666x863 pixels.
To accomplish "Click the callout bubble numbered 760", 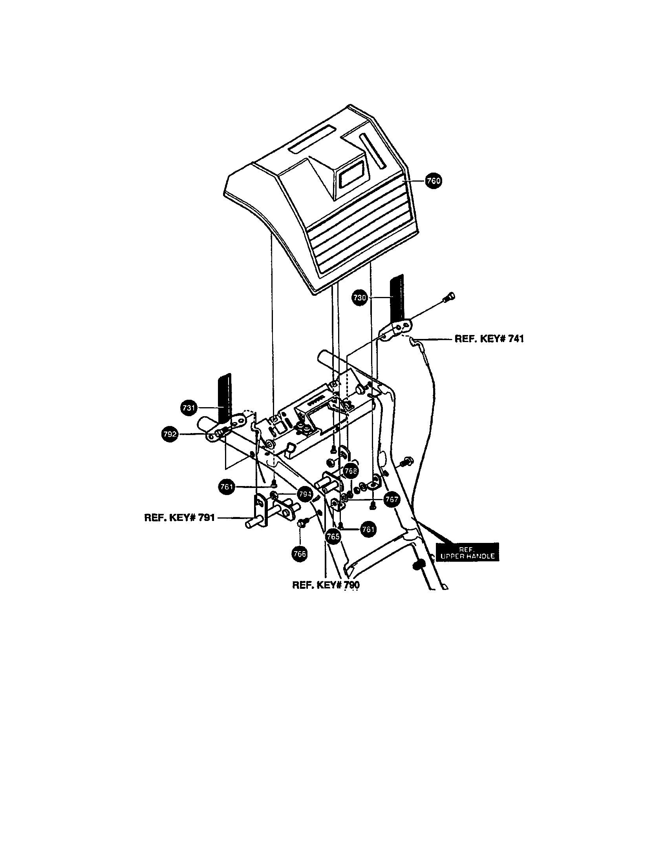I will click(433, 181).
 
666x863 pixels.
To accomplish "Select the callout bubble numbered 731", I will click(189, 408).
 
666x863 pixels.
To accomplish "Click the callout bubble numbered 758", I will click(350, 471).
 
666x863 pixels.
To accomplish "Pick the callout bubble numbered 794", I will click(305, 494).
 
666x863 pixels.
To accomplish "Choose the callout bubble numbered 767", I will click(391, 499).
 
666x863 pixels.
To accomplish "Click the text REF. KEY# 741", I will click(489, 339).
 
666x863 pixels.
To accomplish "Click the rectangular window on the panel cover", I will click(353, 175).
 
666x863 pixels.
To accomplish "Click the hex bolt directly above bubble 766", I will click(300, 523).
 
